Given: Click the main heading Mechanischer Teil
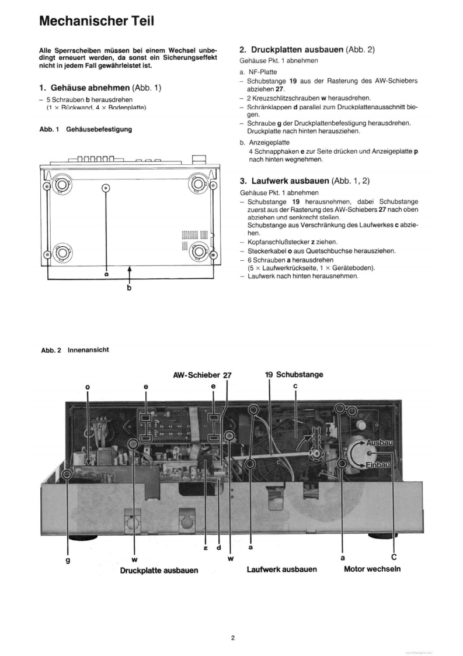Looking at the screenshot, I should pyautogui.click(x=97, y=22).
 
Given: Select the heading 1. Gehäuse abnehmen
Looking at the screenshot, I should pyautogui.click(x=100, y=88).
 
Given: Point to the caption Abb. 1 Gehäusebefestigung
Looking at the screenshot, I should pyautogui.click(x=85, y=129).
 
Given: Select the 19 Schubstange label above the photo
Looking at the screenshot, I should pyautogui.click(x=294, y=374).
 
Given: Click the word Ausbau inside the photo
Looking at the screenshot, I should pyautogui.click(x=380, y=443).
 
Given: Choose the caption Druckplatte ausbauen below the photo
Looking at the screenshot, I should pyautogui.click(x=159, y=569).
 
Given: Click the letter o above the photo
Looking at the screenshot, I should pyautogui.click(x=88, y=386).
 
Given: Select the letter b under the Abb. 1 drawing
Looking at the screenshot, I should pyautogui.click(x=130, y=288).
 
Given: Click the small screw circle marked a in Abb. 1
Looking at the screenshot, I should pyautogui.click(x=106, y=188).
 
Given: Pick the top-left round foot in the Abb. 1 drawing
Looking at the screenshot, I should pyautogui.click(x=60, y=186).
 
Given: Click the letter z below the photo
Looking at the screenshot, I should pyautogui.click(x=206, y=547).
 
